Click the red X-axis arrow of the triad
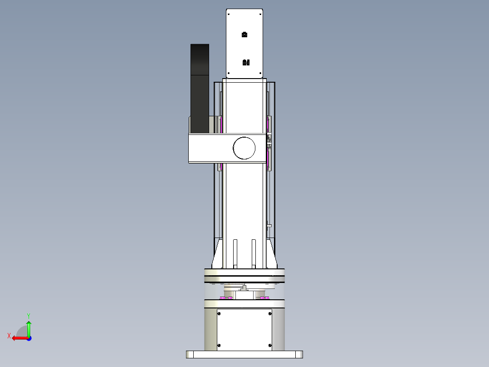pos(18,338)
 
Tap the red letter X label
pos(9,336)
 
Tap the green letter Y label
pos(28,315)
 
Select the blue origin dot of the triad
pos(29,338)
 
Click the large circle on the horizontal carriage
pos(244,148)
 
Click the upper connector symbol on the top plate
pos(244,35)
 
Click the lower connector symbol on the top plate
pos(246,62)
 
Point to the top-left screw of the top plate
pos(229,14)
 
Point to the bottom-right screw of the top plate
pos(260,73)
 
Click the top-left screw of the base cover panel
pos(220,313)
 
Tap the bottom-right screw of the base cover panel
pos(270,346)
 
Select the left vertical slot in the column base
pos(235,253)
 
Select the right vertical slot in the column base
pos(254,253)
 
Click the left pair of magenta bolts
pos(226,298)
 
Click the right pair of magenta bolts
pos(263,298)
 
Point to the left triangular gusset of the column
pos(218,255)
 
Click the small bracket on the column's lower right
pos(269,225)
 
